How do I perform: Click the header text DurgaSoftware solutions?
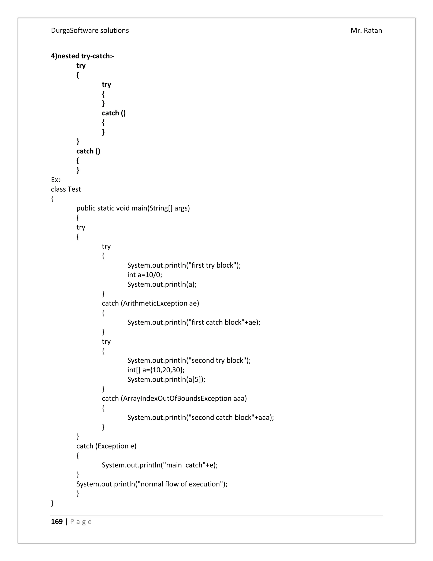coord(90,30)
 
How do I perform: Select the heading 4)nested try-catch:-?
coord(83,56)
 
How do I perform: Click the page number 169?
coord(57,522)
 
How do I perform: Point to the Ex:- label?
coord(57,180)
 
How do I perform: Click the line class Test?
coord(66,189)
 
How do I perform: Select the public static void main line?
coord(133,208)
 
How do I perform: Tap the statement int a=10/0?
coord(145,275)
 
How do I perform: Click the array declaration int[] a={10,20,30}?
coord(156,370)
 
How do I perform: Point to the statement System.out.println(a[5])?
coord(166,379)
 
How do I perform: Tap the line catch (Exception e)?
coord(106,446)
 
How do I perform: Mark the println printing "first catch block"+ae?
coord(194,322)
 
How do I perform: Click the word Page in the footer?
coord(81,522)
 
